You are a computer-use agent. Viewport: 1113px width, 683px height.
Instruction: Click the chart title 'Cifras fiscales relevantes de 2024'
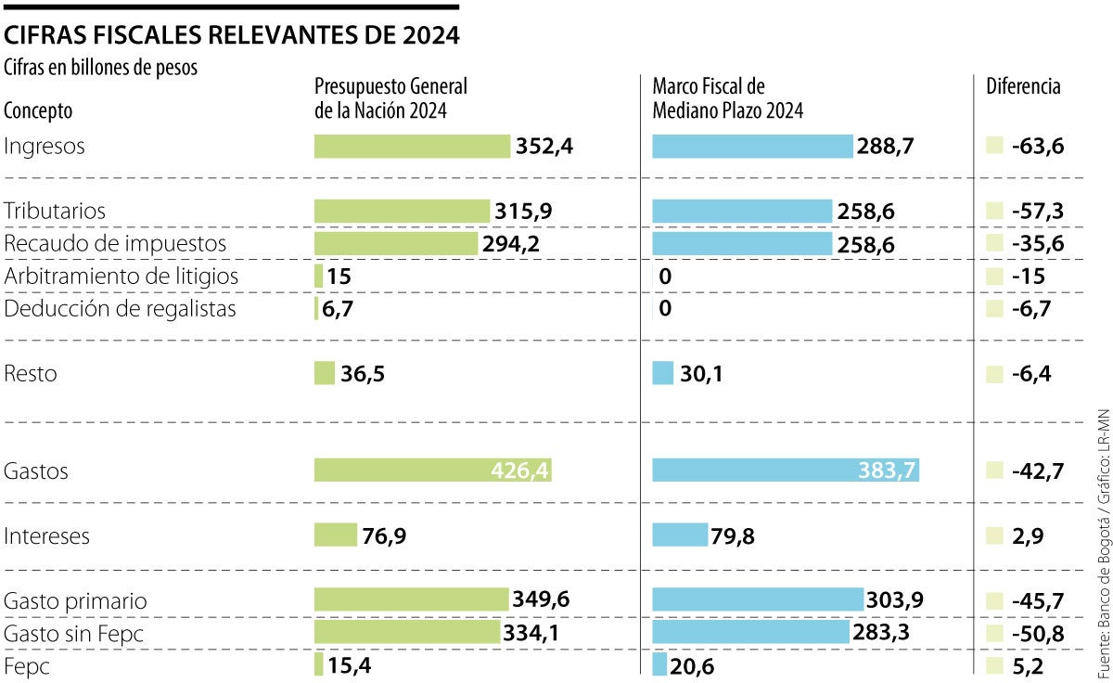tap(232, 35)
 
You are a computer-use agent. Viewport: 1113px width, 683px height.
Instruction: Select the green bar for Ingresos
tap(412, 147)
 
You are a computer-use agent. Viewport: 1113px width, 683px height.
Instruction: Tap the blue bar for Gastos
tap(785, 470)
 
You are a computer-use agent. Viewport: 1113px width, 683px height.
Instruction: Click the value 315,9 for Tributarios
tap(524, 212)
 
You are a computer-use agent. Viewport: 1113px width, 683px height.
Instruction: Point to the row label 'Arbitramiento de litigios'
tap(122, 277)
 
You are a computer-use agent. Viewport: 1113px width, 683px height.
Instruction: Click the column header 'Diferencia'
tap(1023, 87)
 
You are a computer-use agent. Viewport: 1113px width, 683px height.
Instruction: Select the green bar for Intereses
tap(335, 535)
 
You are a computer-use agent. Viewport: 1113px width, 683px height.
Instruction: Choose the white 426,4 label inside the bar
tap(520, 471)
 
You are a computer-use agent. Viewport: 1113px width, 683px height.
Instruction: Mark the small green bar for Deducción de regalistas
tap(316, 309)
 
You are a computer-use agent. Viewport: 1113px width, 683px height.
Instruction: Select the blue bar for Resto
tap(662, 373)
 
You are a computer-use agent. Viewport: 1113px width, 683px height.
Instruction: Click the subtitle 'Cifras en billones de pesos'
tap(101, 68)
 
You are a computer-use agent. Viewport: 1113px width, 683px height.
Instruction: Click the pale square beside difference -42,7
tap(994, 470)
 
